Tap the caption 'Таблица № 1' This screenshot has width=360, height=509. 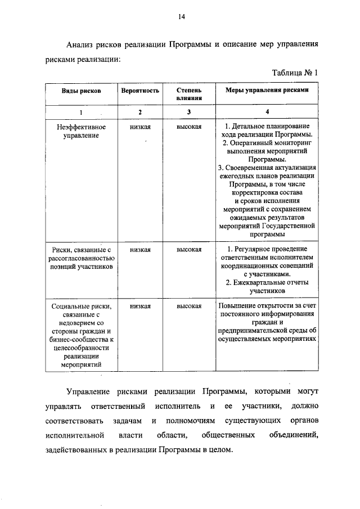(295, 73)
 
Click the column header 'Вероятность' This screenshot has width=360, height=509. (139, 91)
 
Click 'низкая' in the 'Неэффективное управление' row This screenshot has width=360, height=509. (139, 128)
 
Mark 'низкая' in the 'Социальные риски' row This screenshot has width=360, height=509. (139, 306)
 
